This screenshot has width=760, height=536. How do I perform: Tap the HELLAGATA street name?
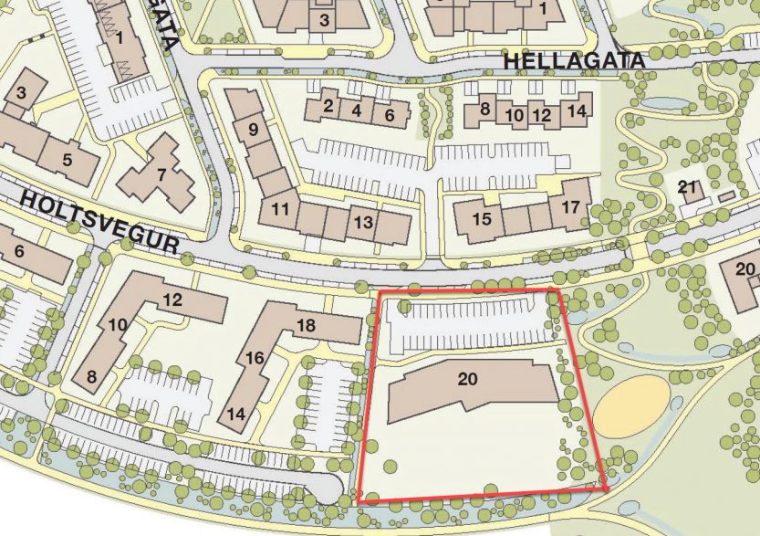pyautogui.click(x=574, y=60)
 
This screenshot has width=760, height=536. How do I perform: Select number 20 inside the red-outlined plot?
pyautogui.click(x=467, y=378)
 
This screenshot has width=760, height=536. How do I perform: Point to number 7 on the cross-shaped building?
pyautogui.click(x=161, y=173)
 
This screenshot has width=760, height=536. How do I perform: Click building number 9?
pyautogui.click(x=253, y=130)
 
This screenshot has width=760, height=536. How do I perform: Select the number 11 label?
pyautogui.click(x=281, y=209)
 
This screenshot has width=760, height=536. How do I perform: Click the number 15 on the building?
pyautogui.click(x=482, y=219)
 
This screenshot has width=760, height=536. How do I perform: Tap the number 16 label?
pyautogui.click(x=255, y=357)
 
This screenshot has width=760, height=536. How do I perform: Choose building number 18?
pyautogui.click(x=306, y=325)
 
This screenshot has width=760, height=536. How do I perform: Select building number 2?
pyautogui.click(x=328, y=106)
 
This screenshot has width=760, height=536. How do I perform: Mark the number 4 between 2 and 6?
pyautogui.click(x=358, y=111)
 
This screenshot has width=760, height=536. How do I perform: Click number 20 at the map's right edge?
pyautogui.click(x=745, y=268)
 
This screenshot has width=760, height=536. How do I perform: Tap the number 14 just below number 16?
pyautogui.click(x=235, y=414)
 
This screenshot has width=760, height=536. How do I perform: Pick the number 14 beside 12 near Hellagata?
pyautogui.click(x=573, y=111)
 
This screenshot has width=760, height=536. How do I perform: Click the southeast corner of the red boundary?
pyautogui.click(x=606, y=489)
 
